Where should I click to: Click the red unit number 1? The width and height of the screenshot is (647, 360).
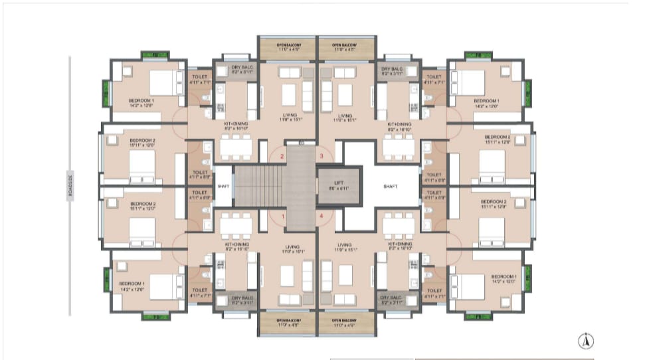(x=282, y=217)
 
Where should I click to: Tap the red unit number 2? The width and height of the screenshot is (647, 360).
(x=282, y=157)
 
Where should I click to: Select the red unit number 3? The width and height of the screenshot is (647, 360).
(x=322, y=156)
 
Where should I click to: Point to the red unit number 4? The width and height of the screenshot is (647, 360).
(x=322, y=217)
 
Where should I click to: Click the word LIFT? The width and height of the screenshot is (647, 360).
(x=339, y=183)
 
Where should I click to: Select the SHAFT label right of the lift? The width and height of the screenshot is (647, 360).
(x=390, y=187)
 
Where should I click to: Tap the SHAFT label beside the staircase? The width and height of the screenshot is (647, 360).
(x=223, y=187)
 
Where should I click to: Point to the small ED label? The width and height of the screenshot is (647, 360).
(x=301, y=142)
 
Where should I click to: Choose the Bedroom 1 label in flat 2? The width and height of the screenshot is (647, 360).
(x=139, y=103)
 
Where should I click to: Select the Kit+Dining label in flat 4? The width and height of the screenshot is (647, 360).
(x=400, y=247)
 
